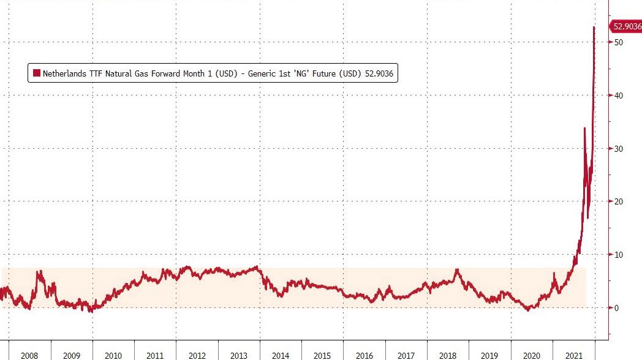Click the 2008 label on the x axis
29,354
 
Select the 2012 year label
197,354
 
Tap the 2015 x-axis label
322,354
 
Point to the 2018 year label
448,354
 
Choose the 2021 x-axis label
573,354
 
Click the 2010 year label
113,354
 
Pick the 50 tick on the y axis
619,42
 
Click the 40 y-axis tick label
619,96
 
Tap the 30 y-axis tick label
619,149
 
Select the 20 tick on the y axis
619,201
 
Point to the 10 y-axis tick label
619,255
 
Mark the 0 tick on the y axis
617,308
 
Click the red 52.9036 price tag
625,26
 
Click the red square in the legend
37,73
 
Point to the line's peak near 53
594,28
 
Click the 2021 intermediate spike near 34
584,128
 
